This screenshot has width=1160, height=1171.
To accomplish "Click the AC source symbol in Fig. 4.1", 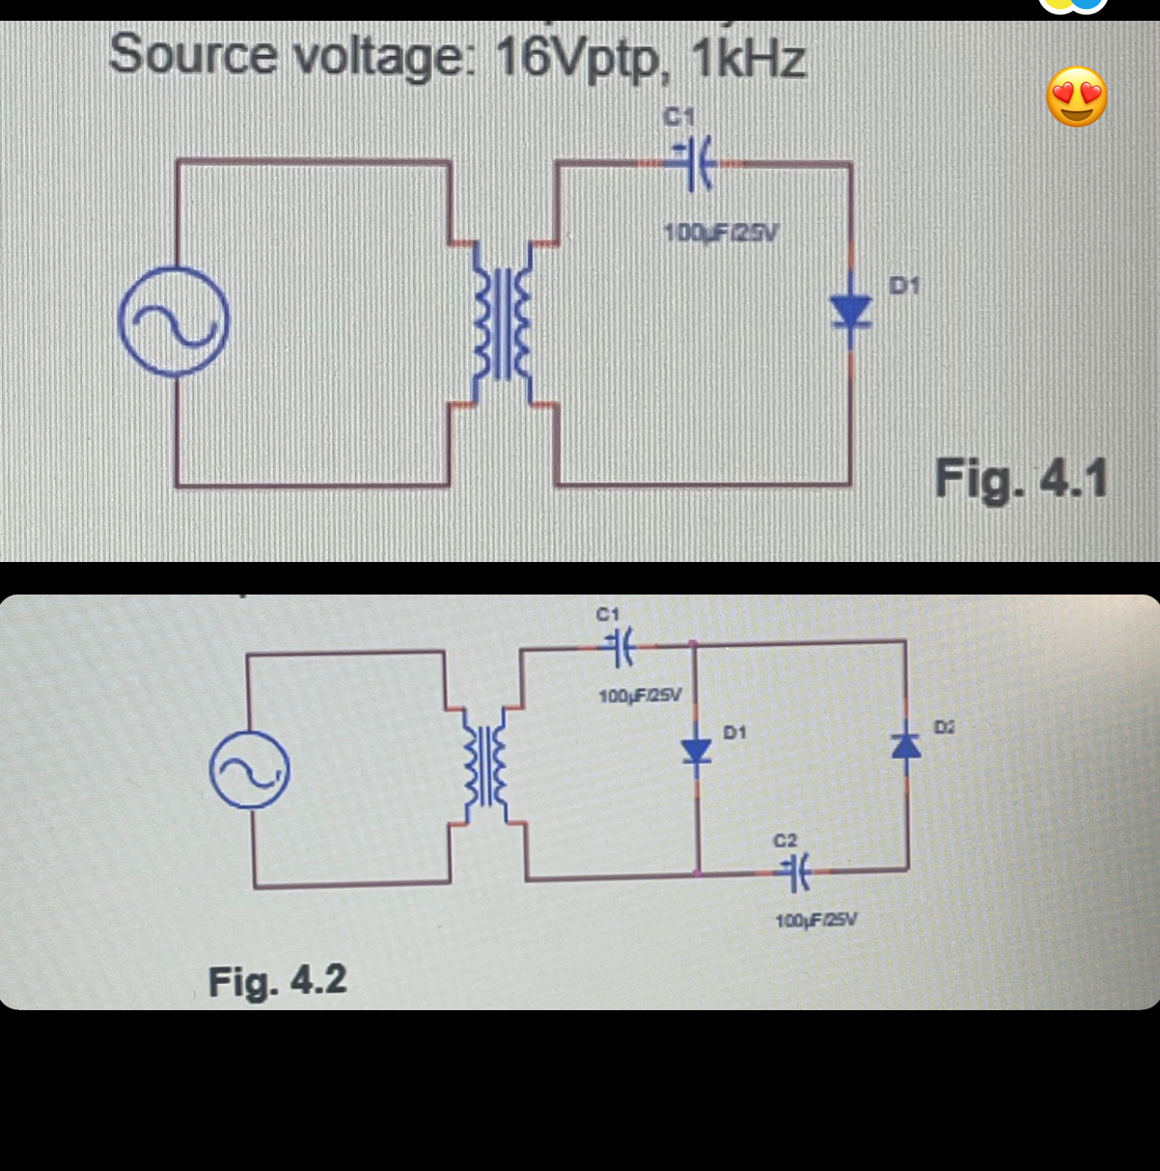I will [173, 322].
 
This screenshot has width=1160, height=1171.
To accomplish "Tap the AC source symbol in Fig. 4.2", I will [249, 770].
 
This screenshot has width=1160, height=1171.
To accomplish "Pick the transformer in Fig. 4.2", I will [484, 767].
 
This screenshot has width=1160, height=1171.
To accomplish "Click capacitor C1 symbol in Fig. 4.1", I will [694, 164].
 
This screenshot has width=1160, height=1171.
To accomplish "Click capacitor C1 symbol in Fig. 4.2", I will [622, 647].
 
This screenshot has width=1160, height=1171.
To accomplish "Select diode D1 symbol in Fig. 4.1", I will [850, 313].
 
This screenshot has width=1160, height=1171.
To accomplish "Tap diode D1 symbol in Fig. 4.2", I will [696, 751].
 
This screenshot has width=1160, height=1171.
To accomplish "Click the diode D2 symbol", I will [906, 746].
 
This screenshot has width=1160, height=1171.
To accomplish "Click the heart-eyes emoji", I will [1076, 97].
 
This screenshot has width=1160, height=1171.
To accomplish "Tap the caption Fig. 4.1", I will [1021, 478].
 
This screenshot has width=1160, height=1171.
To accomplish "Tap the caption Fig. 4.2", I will [277, 980].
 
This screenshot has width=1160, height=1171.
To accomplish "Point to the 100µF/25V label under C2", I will [817, 921].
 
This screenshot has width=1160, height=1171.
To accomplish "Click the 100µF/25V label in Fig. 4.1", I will [720, 232].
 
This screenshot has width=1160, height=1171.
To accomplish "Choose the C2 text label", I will [785, 840].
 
